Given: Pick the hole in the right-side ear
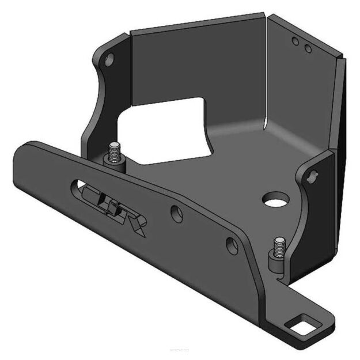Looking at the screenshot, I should point(313,173).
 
